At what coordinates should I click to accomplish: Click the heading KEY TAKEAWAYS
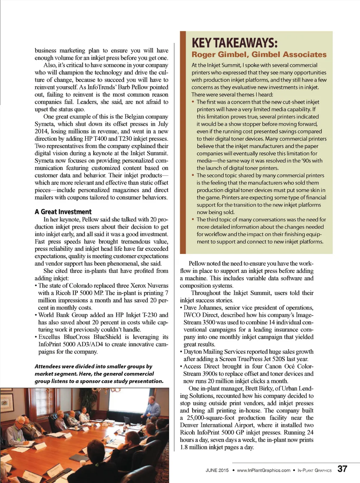[x=234, y=43]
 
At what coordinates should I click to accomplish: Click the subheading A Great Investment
[x=63, y=212]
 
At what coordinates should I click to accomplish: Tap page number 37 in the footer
[x=342, y=469]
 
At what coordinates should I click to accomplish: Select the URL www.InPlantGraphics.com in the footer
[x=263, y=470]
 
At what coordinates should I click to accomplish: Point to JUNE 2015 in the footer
[x=217, y=470]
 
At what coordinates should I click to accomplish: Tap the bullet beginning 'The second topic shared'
[x=260, y=176]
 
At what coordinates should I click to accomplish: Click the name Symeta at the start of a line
[x=44, y=124]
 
